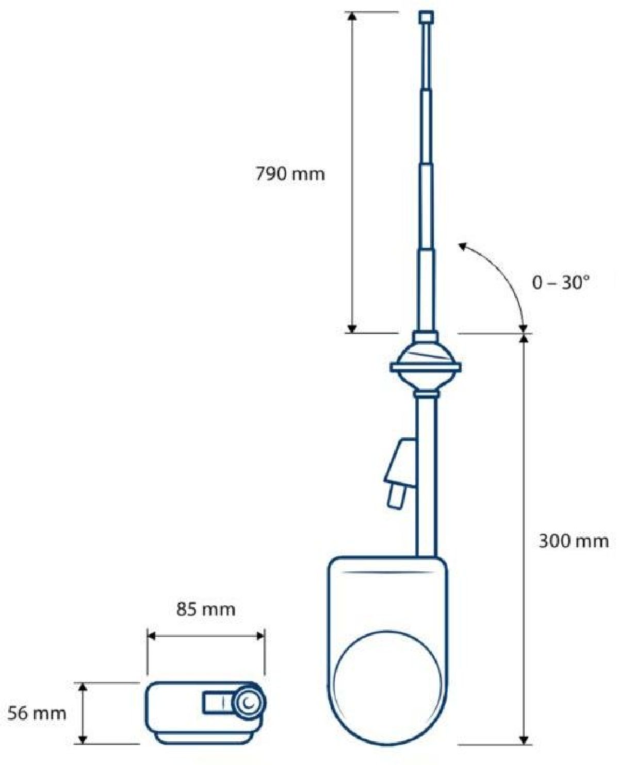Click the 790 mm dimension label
[290, 174]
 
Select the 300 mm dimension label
[573, 541]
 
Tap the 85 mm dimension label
[206, 609]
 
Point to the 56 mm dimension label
[37, 713]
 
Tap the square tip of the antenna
[426, 16]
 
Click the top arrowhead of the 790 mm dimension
[352, 16]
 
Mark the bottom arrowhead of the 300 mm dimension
[525, 740]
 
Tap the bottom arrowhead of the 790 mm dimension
[352, 329]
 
